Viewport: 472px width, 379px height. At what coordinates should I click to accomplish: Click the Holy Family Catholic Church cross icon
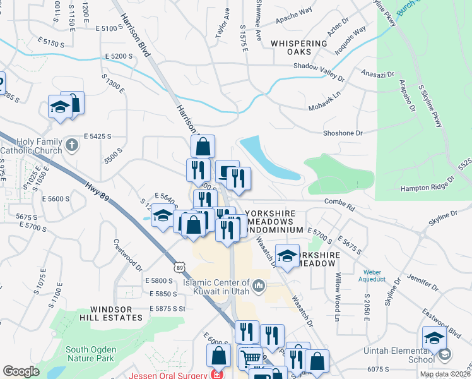pyautogui.click(x=72, y=145)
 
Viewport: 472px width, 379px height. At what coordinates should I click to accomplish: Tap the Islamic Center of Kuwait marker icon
pyautogui.click(x=258, y=288)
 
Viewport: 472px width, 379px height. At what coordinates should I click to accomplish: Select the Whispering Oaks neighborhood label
pyautogui.click(x=299, y=47)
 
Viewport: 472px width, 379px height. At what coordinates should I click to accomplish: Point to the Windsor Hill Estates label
pyautogui.click(x=107, y=313)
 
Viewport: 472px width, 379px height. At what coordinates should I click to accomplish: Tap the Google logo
pyautogui.click(x=21, y=371)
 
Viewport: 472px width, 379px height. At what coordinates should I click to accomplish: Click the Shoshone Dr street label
pyautogui.click(x=343, y=133)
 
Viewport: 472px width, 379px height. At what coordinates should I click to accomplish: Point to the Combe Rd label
pyautogui.click(x=340, y=202)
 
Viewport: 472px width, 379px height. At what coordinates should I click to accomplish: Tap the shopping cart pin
pyautogui.click(x=251, y=358)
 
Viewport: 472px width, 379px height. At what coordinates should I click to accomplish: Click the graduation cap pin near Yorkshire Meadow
pyautogui.click(x=287, y=256)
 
